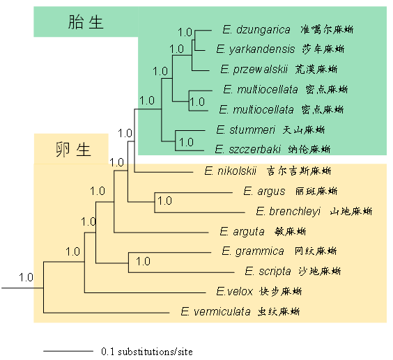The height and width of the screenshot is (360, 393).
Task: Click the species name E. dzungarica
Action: tap(256, 30)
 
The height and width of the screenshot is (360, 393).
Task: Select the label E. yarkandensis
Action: tap(256, 49)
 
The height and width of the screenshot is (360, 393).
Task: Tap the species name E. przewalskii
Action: tap(254, 69)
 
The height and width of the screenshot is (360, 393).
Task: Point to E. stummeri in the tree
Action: tap(245, 130)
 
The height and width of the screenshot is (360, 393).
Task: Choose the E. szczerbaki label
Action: tap(248, 149)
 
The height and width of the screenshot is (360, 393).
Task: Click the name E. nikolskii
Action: tap(231, 171)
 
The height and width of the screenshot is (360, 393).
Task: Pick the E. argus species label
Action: tap(264, 191)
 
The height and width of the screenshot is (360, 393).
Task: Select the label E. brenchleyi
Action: tap(288, 212)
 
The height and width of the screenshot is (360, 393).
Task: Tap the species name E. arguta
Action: tap(242, 231)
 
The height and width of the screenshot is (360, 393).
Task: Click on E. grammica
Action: tap(253, 251)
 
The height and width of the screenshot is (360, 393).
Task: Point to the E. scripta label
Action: tap(268, 272)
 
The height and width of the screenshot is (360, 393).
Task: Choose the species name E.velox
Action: tap(234, 291)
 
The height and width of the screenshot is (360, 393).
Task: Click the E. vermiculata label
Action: tap(215, 312)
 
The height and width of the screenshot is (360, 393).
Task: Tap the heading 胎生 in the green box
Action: tap(86, 22)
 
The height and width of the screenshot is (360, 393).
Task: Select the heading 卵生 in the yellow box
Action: tap(73, 149)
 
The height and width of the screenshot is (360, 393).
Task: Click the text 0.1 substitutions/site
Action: tap(147, 352)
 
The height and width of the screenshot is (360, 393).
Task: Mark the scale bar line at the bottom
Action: tap(68, 351)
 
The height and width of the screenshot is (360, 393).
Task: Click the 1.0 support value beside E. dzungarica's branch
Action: tap(185, 33)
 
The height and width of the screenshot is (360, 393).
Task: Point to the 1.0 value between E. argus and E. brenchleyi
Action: tap(164, 201)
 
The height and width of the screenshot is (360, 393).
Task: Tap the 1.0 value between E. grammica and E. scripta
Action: tap(143, 262)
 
